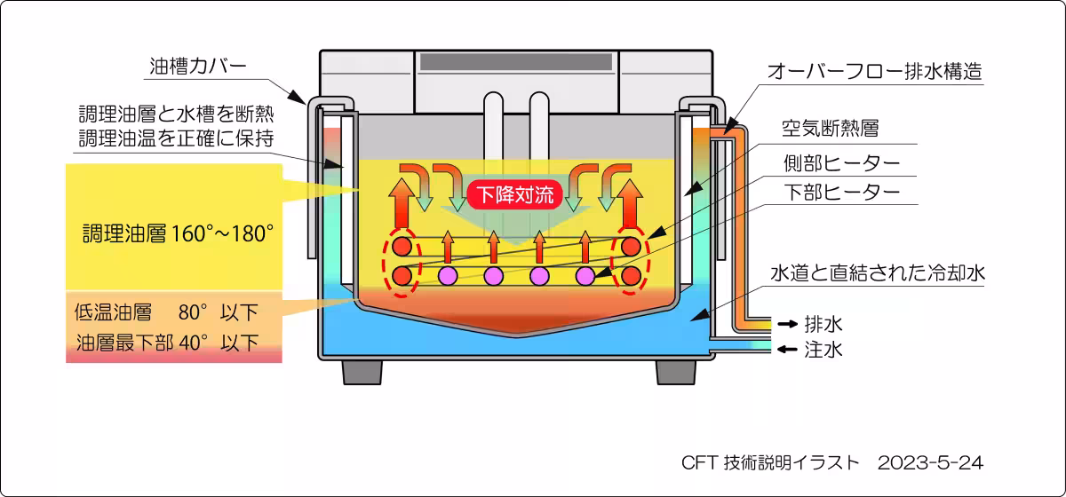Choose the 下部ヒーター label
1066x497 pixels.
tap(840, 190)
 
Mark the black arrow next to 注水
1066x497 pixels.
tap(787, 350)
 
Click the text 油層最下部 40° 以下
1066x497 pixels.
tap(168, 342)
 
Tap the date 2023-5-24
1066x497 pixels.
tap(930, 463)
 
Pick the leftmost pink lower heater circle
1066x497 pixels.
tap(448, 276)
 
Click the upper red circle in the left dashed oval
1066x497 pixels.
tap(402, 245)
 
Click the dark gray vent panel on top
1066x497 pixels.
tap(516, 63)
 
